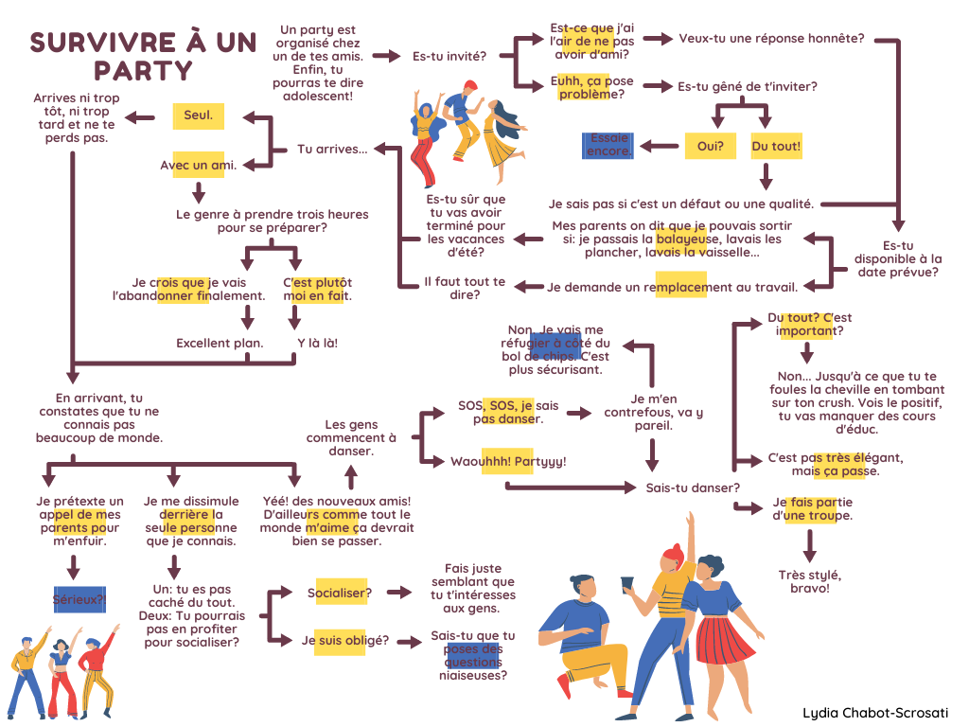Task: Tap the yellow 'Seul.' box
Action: point(198,116)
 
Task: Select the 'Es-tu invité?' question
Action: point(449,56)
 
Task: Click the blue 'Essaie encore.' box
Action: point(608,145)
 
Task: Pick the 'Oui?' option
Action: point(710,146)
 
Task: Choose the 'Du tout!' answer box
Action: point(776,146)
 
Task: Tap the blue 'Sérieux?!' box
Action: point(79,598)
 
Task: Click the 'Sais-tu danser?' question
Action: point(693,488)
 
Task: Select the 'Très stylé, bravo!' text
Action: point(809,581)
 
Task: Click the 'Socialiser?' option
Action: point(339,593)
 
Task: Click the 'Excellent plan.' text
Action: point(220,343)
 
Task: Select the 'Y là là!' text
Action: point(317,343)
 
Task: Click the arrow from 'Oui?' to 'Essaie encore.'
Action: point(659,146)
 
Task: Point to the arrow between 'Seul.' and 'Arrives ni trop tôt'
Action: point(142,116)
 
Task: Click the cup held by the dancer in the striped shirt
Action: point(625,583)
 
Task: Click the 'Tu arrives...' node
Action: point(332,149)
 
